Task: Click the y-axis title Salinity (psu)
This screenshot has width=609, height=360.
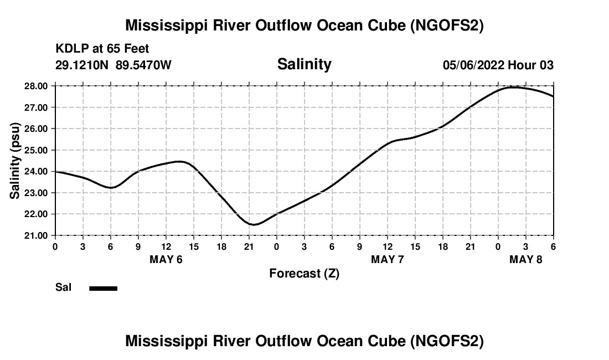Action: [15, 161]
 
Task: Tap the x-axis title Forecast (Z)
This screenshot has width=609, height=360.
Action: [304, 273]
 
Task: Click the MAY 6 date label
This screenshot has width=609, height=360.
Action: [166, 259]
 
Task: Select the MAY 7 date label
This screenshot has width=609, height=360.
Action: [388, 259]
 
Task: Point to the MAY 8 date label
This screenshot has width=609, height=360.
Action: [526, 259]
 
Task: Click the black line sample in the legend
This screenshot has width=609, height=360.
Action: [104, 288]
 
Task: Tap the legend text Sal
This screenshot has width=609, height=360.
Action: [63, 287]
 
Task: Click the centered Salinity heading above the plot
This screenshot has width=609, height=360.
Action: [304, 64]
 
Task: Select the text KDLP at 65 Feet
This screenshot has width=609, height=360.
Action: [102, 49]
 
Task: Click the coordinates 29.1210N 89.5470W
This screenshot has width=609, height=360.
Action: [113, 65]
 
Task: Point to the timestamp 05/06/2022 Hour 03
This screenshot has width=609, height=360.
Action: [498, 65]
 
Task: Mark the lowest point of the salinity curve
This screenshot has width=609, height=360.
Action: [254, 224]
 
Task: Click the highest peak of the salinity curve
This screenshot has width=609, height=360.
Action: [513, 87]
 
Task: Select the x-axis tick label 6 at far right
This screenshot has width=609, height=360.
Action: [553, 246]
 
